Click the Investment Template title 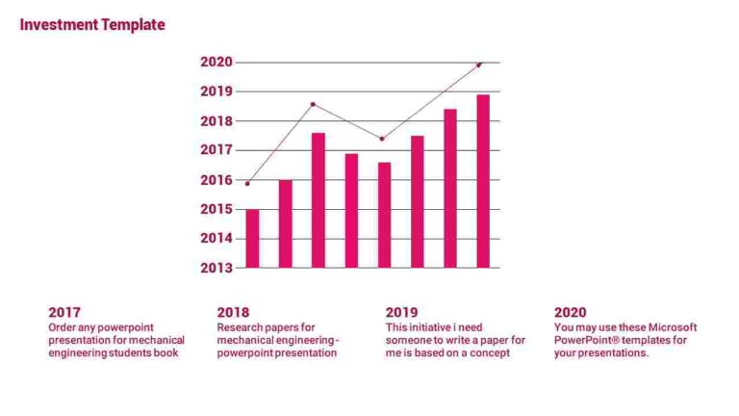[92, 25]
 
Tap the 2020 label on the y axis [217, 62]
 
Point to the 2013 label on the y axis [217, 268]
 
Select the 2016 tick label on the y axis [217, 180]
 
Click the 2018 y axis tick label [217, 121]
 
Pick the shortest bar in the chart [252, 238]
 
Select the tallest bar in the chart [483, 181]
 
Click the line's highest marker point [479, 65]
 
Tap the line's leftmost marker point [247, 183]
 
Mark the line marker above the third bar [314, 104]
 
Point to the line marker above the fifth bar [382, 139]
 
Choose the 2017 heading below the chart [64, 312]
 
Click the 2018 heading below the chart [233, 312]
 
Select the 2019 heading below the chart [401, 312]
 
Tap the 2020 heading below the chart [570, 312]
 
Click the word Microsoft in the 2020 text [673, 327]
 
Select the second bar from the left [286, 223]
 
